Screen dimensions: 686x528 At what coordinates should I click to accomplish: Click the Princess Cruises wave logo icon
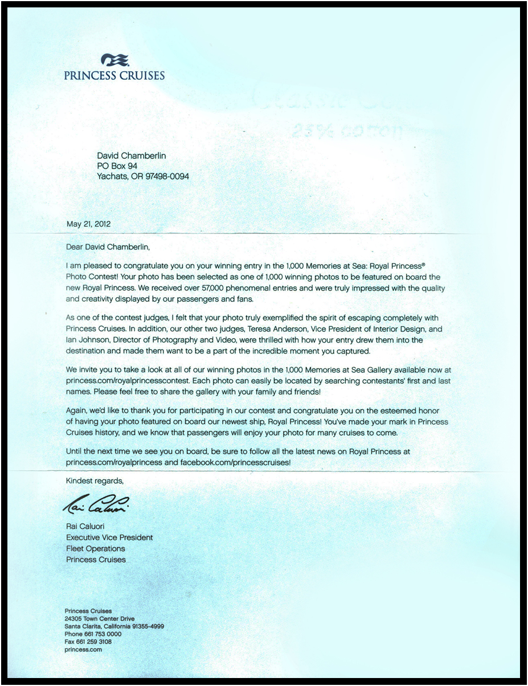click(115, 60)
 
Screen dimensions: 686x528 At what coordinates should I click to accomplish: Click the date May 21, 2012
click(88, 224)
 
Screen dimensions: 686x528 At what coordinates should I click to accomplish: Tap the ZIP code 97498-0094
click(167, 176)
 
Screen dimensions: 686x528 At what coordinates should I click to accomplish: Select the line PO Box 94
click(117, 166)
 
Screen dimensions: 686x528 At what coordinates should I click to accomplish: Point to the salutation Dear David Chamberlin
click(110, 247)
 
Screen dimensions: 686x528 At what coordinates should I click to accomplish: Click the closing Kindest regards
click(95, 480)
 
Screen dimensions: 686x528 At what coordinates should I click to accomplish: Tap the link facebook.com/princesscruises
click(235, 462)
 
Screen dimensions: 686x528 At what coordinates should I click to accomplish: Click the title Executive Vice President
click(109, 537)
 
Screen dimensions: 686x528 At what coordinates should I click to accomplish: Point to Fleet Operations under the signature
click(96, 548)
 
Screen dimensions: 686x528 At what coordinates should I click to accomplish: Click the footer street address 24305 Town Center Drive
click(100, 618)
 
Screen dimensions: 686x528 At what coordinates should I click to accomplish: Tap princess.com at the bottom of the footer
click(83, 649)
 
